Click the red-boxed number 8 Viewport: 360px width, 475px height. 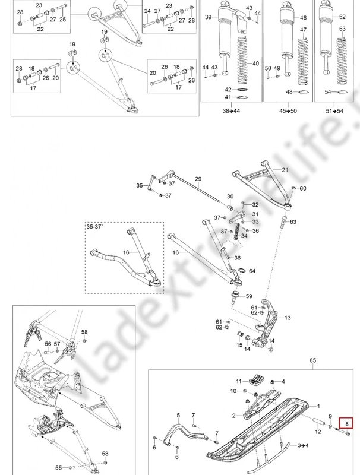click(346, 423)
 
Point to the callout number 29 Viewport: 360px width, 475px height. click(198, 179)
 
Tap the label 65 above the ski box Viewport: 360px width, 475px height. click(314, 360)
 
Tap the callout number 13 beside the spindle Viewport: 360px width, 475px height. click(288, 318)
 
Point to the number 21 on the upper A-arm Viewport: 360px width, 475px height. click(285, 170)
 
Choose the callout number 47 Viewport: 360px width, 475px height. click(304, 30)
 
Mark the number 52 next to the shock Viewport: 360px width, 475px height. click(342, 17)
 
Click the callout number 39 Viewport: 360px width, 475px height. click(208, 18)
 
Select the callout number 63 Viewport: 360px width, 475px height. click(293, 221)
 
